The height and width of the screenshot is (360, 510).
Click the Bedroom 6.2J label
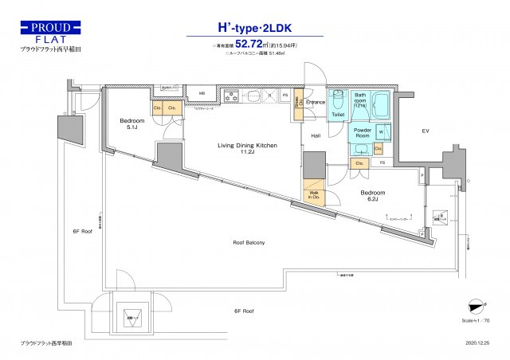tap(372, 195)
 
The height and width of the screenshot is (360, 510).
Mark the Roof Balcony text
tap(249, 242)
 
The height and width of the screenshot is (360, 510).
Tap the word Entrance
tap(316, 103)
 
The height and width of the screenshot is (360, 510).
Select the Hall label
tap(316, 136)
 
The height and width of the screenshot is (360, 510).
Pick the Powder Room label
tap(363, 131)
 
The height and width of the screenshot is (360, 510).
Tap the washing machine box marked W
tap(381, 132)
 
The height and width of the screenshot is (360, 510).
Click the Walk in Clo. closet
tap(312, 196)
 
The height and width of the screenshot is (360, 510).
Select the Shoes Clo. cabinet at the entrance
tap(298, 106)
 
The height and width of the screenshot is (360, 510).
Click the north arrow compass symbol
tap(477, 305)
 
